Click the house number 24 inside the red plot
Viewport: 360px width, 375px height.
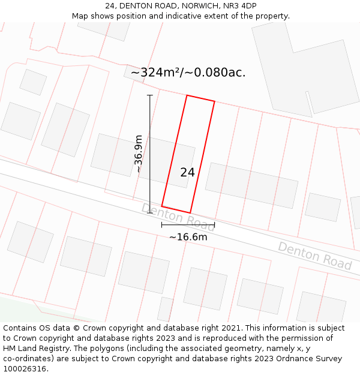tap(187, 172)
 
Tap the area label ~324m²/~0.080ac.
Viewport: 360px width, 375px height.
tap(188, 73)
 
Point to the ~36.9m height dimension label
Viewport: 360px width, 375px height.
tap(139, 154)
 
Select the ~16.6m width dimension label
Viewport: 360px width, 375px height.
tap(188, 237)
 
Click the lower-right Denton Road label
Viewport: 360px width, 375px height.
tap(314, 256)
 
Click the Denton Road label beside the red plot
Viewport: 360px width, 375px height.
tap(178, 217)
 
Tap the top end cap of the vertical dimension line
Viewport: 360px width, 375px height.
tap(150, 95)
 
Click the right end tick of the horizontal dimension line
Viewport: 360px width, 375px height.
tap(214, 225)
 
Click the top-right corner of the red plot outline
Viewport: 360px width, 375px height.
tap(214, 101)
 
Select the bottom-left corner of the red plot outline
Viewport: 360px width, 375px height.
tap(162, 206)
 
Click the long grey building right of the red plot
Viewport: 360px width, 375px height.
tap(251, 185)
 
